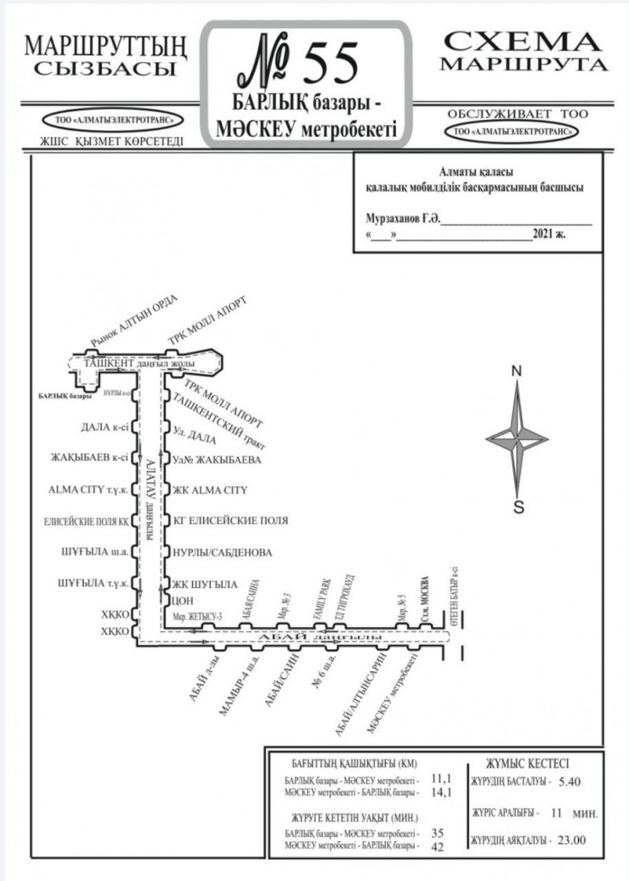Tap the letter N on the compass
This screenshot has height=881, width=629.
(x=516, y=372)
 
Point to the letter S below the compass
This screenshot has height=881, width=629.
(x=518, y=509)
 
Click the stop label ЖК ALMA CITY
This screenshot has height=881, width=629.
(x=209, y=490)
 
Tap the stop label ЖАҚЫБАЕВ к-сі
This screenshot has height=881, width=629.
(x=90, y=459)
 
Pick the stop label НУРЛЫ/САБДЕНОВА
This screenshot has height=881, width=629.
(x=222, y=552)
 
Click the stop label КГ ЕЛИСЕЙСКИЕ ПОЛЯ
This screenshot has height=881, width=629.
(x=230, y=520)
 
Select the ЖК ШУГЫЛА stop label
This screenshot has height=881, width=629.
(x=205, y=584)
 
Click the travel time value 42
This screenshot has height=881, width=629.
(x=439, y=847)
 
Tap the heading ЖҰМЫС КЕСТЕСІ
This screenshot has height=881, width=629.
(x=527, y=763)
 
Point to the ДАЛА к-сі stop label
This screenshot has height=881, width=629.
(x=104, y=428)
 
